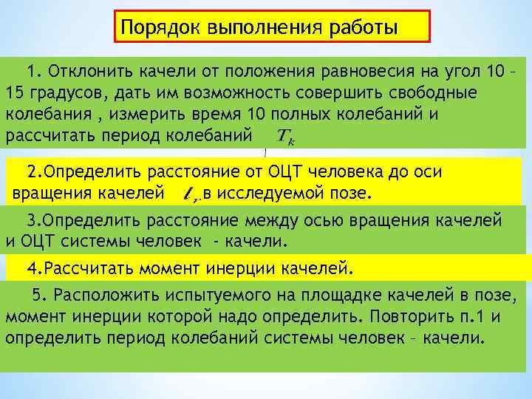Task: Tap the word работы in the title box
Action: click(361, 27)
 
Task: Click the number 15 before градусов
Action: click(15, 95)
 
